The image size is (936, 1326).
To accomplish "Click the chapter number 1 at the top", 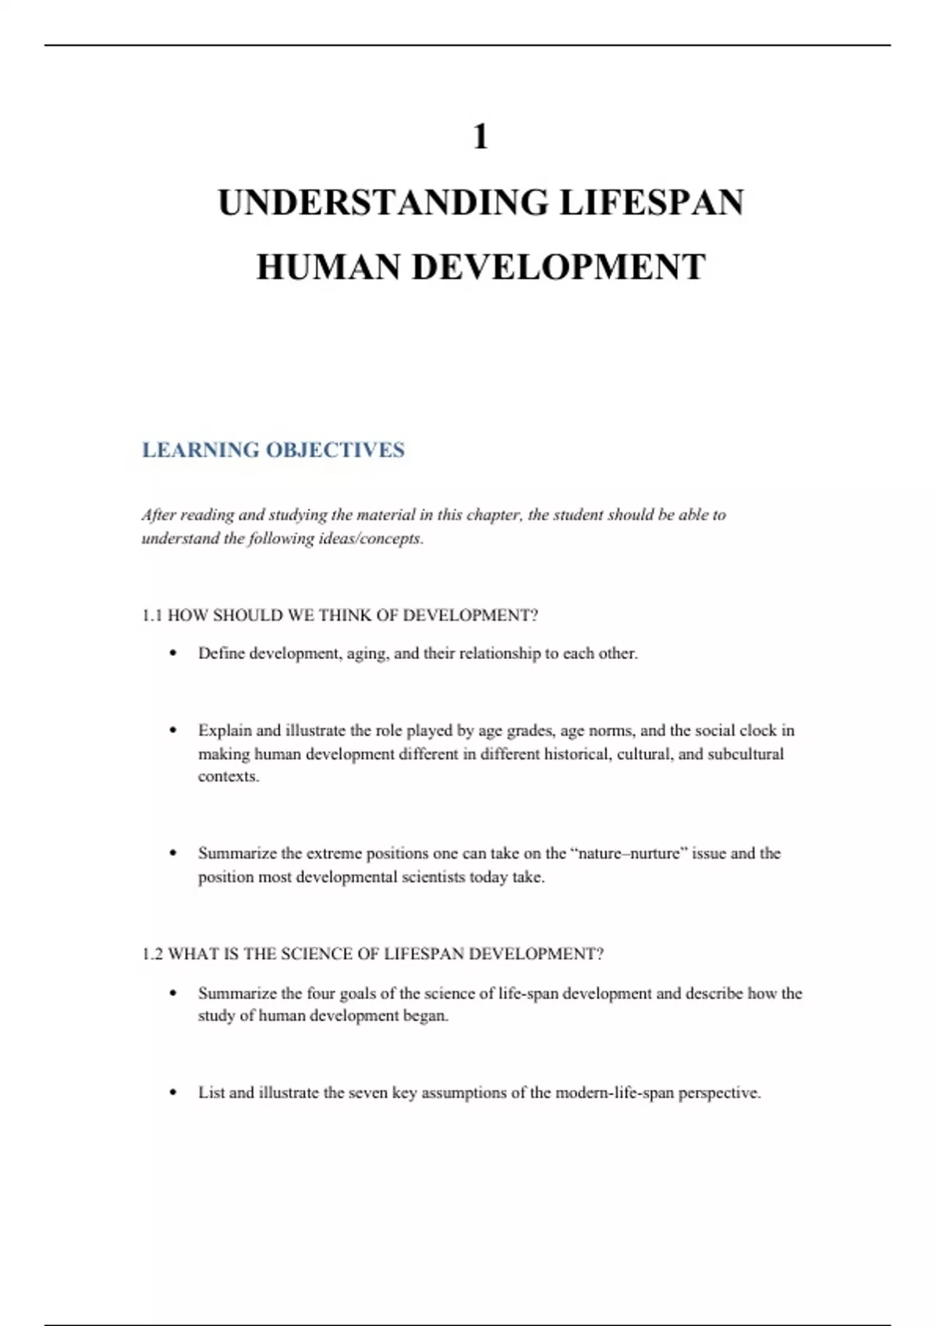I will coord(480,137).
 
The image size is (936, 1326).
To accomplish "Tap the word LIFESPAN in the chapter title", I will coord(651,203).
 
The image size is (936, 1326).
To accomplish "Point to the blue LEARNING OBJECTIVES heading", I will coord(273,450).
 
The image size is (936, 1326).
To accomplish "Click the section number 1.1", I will coord(152,615).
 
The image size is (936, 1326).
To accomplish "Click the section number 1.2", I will coord(152,954).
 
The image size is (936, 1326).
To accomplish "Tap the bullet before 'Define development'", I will coord(173,653).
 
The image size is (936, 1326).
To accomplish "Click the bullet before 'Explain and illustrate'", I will coord(173,730).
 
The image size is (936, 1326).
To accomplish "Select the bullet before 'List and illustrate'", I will coord(173,1092).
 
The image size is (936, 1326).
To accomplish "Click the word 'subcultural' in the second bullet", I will coord(746,754).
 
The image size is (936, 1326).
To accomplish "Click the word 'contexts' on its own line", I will coord(227,777).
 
